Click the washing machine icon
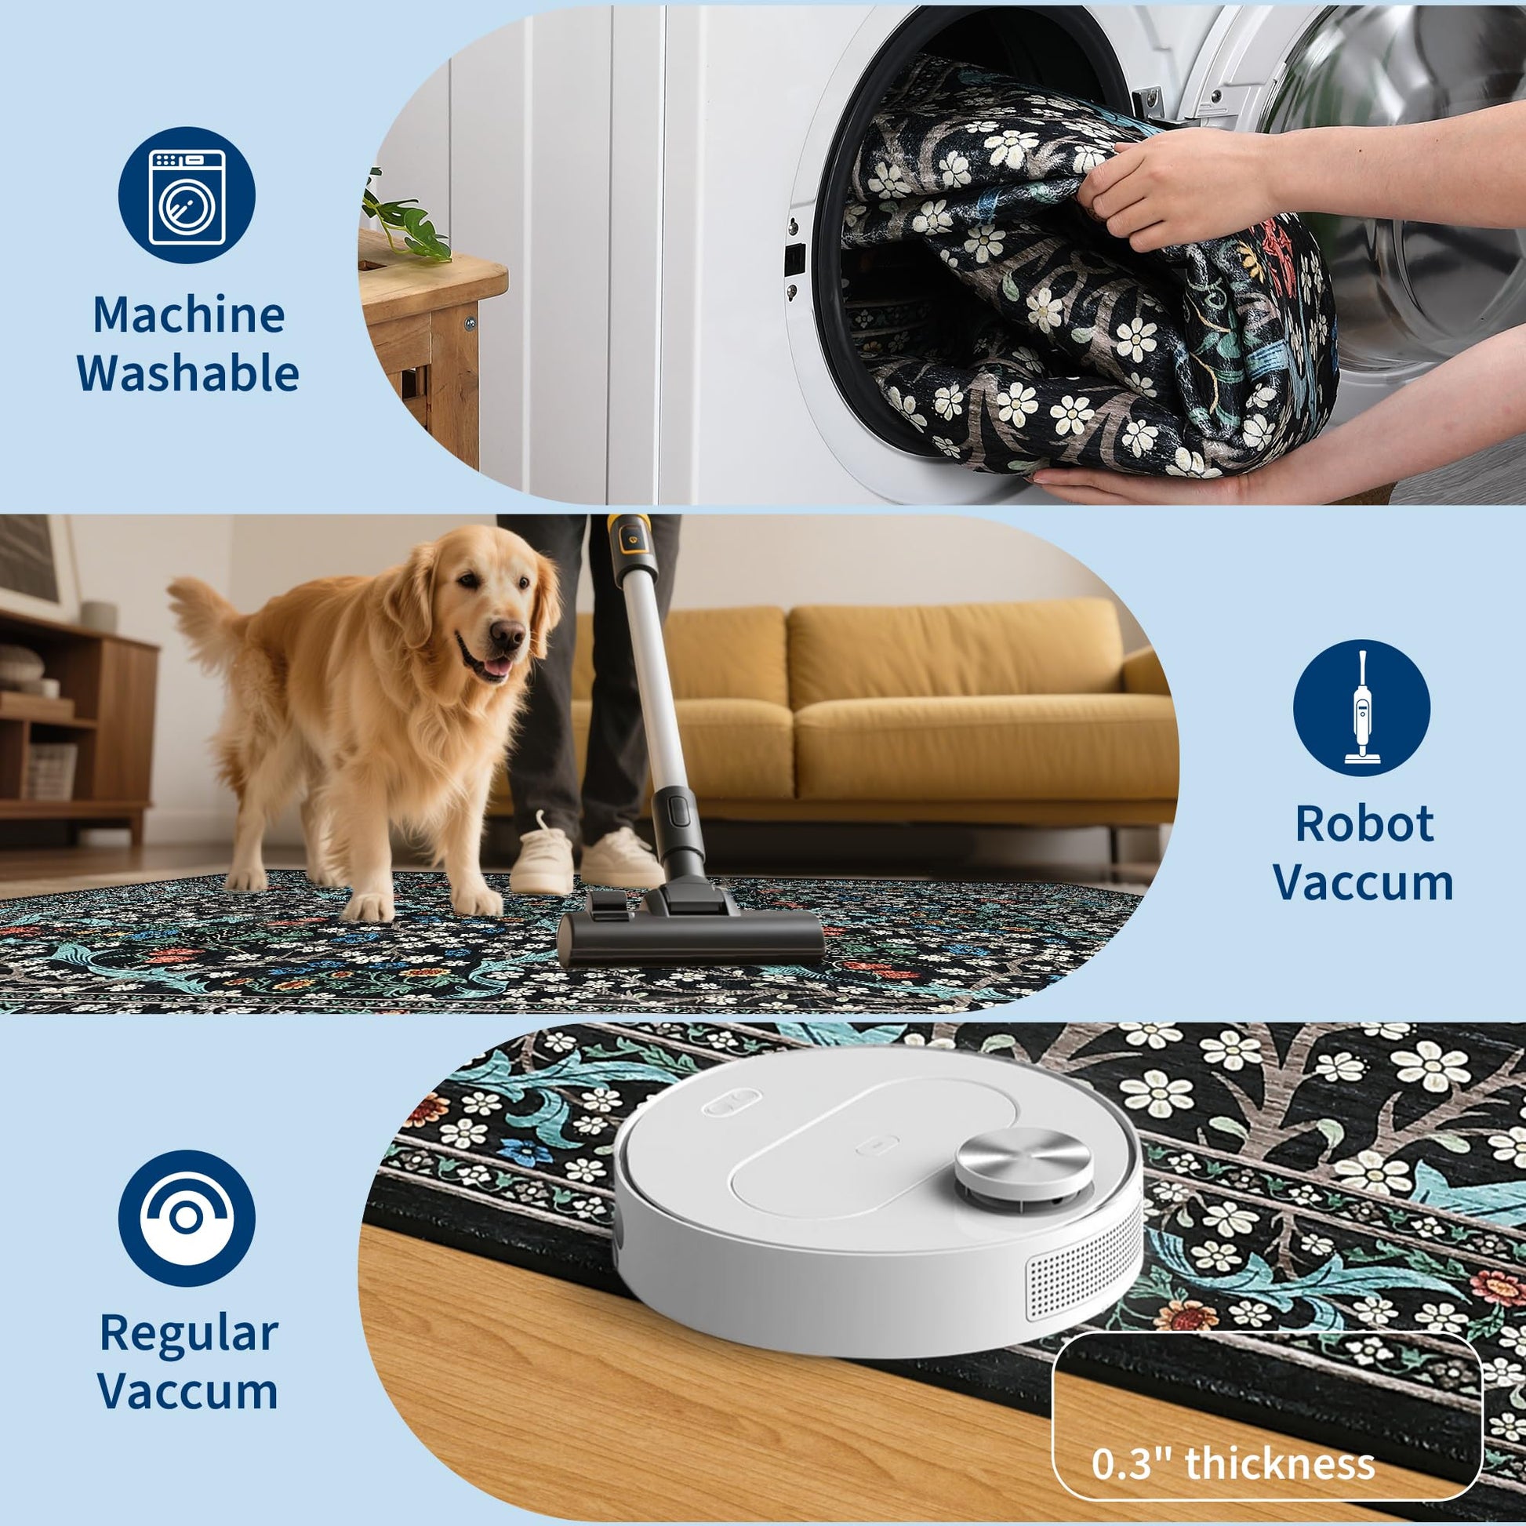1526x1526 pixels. [x=187, y=195]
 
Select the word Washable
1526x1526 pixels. [x=188, y=372]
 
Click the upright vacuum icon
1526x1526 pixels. [x=1361, y=707]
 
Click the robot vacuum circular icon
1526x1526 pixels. [x=187, y=1218]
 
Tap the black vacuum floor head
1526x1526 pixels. [x=690, y=932]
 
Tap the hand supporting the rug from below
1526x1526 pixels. [x=1137, y=482]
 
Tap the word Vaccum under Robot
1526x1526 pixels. [x=1364, y=882]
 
